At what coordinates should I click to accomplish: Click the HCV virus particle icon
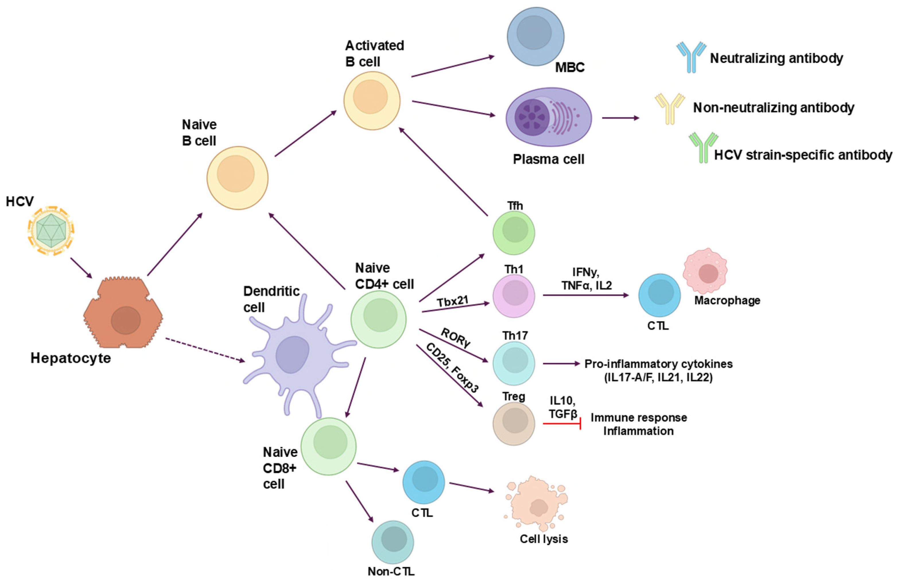pos(51,231)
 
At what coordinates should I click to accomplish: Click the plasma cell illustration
pos(548,117)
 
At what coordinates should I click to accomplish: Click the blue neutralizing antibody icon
pos(691,57)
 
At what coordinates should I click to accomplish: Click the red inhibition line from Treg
pos(561,424)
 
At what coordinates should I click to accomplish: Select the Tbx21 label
pos(453,301)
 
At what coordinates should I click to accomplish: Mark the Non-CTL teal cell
pos(393,542)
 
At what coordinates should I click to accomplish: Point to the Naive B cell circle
pos(237,178)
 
